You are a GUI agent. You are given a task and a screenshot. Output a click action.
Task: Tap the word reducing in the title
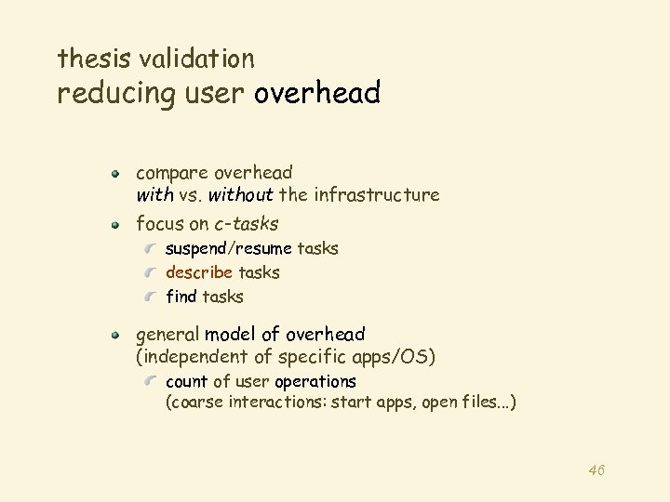click(113, 94)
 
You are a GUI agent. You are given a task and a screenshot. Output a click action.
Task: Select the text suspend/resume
click(228, 249)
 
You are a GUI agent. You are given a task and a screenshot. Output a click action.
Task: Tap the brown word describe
click(199, 273)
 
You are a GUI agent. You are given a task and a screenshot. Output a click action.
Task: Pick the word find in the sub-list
click(181, 297)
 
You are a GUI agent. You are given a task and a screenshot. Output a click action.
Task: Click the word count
click(186, 382)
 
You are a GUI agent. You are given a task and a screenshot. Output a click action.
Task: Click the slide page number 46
click(596, 470)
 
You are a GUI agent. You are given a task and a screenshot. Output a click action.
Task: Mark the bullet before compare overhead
click(116, 173)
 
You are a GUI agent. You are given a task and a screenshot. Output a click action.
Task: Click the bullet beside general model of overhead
click(116, 335)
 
